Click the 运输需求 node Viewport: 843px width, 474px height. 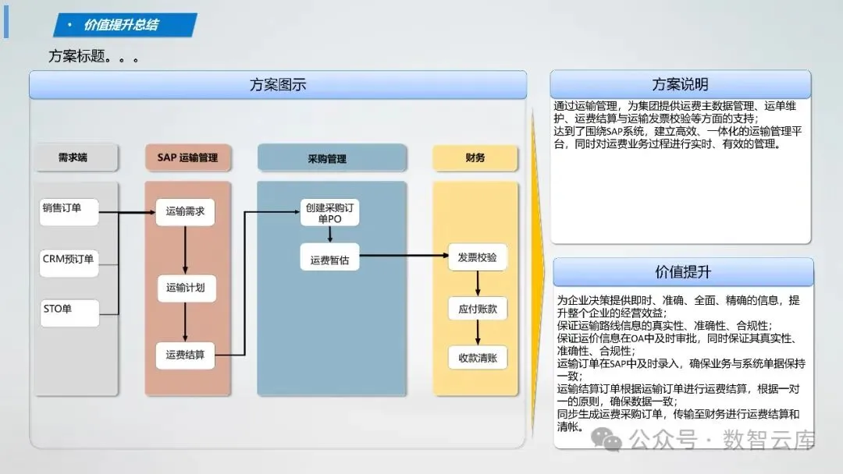(185, 211)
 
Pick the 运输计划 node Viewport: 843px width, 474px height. (185, 288)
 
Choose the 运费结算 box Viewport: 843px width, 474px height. (185, 355)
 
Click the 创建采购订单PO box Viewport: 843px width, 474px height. (330, 213)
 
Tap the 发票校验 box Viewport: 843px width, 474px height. (477, 257)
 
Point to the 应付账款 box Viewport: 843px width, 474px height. (477, 309)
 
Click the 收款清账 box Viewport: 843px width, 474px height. (477, 358)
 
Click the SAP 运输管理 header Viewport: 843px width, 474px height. (187, 157)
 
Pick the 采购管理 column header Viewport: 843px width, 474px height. (332, 158)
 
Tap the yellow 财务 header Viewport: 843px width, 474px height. (475, 158)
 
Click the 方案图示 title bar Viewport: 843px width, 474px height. (278, 85)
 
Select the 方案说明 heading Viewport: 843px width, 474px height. (680, 84)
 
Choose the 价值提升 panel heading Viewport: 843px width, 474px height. (683, 272)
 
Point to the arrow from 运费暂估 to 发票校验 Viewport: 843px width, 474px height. (403, 255)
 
